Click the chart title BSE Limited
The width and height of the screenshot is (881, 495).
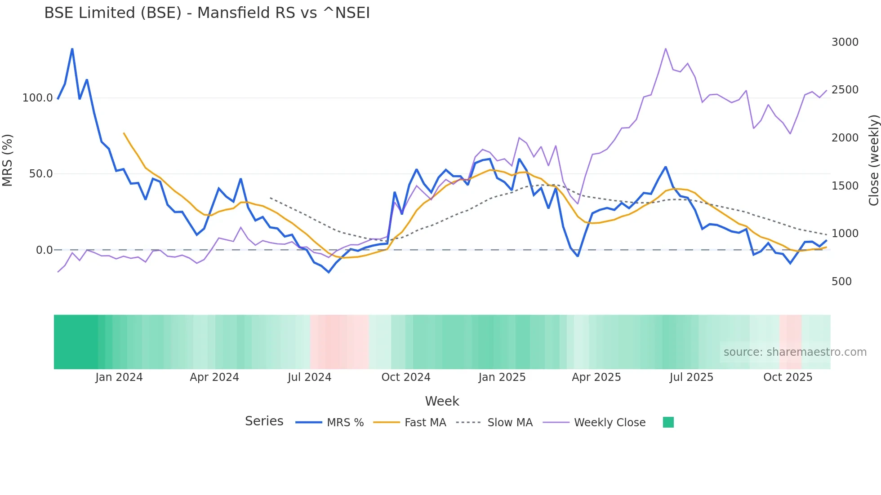tap(207, 13)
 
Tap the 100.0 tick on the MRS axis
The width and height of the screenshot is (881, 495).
tap(38, 98)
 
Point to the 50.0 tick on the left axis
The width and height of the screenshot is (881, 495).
tap(41, 174)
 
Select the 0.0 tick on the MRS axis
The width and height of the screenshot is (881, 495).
tap(44, 250)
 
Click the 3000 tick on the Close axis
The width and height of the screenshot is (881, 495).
tap(845, 42)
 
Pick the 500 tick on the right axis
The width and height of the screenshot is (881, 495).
tap(841, 282)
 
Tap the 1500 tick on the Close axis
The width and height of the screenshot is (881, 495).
tap(845, 186)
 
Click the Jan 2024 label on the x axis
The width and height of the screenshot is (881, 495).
tap(119, 377)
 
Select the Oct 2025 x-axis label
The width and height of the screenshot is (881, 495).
tap(788, 377)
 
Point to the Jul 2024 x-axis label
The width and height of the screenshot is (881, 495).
tap(309, 377)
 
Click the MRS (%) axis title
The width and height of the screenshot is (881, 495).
tap(8, 160)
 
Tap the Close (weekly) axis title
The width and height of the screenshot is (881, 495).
tap(873, 160)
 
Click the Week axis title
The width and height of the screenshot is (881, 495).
tap(442, 401)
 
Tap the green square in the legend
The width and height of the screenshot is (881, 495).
tap(668, 422)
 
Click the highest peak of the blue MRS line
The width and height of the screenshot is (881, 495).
tap(72, 49)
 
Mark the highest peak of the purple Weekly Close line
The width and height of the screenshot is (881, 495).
tap(666, 49)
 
